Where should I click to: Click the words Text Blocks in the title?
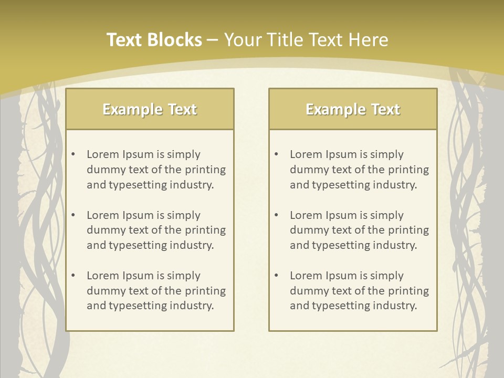[x=154, y=40]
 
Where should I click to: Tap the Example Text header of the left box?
[x=150, y=109]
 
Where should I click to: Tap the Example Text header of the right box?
[x=353, y=109]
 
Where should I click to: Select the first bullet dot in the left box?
[x=73, y=154]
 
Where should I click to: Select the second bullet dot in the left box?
[x=73, y=215]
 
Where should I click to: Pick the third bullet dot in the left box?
[x=73, y=276]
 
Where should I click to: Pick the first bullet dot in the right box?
[x=276, y=154]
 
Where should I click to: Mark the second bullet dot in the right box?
[x=276, y=215]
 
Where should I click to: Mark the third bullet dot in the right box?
[x=276, y=276]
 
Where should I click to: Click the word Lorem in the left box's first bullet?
[x=102, y=154]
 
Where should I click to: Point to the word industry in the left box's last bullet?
[x=192, y=306]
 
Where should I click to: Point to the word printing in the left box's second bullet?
[x=205, y=230]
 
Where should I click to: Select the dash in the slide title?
[x=213, y=40]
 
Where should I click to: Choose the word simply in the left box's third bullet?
[x=184, y=276]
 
